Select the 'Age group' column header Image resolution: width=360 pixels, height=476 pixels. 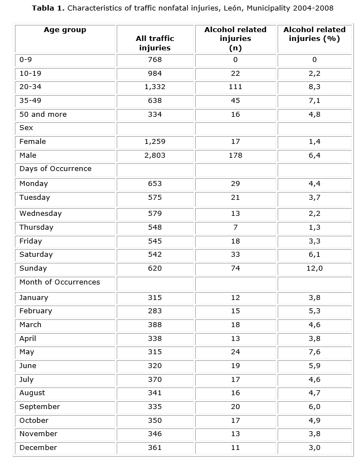[65, 30]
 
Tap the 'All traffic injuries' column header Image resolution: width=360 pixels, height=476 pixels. [155, 43]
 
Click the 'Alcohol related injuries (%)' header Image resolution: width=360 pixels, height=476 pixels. [314, 34]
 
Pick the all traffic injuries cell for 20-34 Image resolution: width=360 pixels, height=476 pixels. [155, 87]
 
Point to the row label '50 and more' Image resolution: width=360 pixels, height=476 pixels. [43, 114]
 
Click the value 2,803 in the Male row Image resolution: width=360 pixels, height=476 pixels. [155, 156]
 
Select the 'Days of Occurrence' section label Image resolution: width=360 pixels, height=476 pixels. [55, 168]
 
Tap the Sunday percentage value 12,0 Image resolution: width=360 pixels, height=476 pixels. [314, 268]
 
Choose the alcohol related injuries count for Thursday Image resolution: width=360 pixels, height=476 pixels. [235, 227]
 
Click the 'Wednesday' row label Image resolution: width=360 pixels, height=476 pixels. [40, 214]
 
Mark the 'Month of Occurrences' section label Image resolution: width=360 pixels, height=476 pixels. [60, 282]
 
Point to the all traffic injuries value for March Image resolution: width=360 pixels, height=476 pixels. [155, 325]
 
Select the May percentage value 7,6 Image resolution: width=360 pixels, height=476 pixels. [314, 352]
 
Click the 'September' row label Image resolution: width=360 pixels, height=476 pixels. [39, 406]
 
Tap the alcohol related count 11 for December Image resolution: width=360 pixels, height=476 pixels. [235, 447]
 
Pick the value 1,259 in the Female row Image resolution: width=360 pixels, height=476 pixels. [155, 142]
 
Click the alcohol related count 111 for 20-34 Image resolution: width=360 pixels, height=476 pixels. [235, 87]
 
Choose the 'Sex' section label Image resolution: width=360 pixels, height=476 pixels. [26, 127]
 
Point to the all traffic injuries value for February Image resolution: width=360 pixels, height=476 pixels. [155, 311]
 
